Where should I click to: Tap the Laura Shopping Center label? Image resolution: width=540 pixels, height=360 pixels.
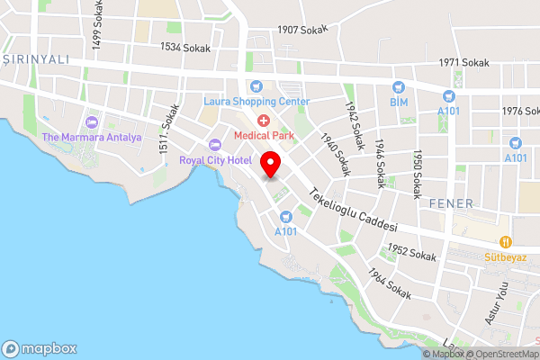[256, 101]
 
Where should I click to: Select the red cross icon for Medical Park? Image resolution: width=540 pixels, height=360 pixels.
[263, 121]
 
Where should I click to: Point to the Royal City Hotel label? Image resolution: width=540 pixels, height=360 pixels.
[215, 160]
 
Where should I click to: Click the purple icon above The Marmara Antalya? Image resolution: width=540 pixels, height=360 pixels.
[91, 122]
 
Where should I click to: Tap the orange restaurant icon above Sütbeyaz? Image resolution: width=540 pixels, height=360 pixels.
[507, 242]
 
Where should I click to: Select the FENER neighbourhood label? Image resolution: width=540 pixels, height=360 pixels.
[451, 202]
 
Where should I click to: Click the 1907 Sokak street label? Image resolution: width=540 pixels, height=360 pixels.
[303, 30]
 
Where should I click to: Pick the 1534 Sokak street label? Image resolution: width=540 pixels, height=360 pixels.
[184, 47]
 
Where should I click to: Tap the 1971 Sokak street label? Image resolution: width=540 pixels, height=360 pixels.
[463, 63]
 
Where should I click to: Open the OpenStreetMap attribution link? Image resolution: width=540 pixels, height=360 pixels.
[501, 354]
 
